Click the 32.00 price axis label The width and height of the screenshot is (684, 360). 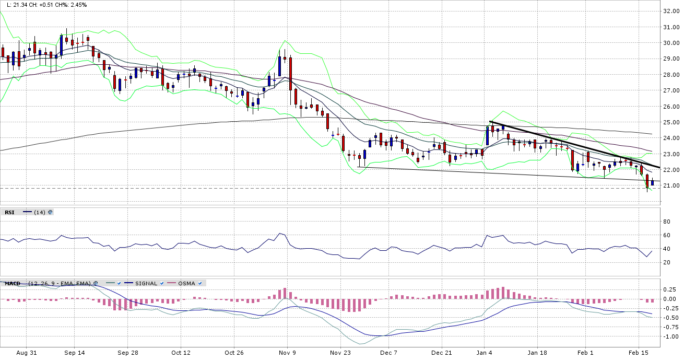[x=670, y=11]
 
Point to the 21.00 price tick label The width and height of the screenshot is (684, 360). [x=670, y=186]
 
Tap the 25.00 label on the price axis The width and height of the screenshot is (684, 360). [x=670, y=122]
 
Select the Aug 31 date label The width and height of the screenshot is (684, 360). [x=27, y=353]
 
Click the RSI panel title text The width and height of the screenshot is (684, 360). [x=9, y=212]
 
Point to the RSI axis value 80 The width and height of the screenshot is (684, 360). [x=666, y=222]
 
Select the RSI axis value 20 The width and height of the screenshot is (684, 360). [x=666, y=262]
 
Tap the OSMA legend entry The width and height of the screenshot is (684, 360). [x=186, y=283]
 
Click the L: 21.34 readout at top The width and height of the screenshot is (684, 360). [x=17, y=5]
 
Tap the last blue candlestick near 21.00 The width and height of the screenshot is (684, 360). [x=652, y=182]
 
